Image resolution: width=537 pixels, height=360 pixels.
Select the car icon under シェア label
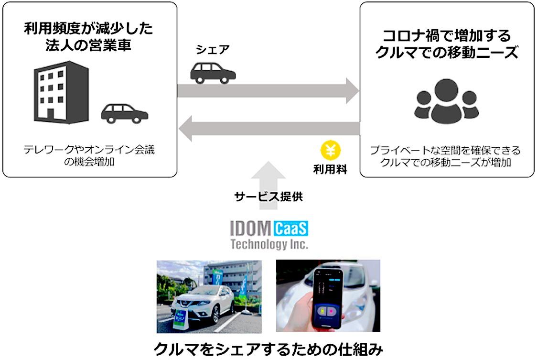coord(213,73)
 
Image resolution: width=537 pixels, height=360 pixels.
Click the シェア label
coord(213,50)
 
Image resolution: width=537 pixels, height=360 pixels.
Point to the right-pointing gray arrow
coord(268,89)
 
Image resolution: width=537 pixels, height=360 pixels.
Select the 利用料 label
coord(331,169)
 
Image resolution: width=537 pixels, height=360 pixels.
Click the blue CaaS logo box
coord(291,229)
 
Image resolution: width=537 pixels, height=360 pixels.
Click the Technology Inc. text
coord(269,244)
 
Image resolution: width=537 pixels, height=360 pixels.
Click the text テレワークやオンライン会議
coord(89,150)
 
